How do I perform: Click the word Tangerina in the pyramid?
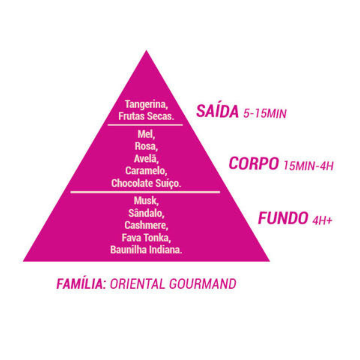click(x=146, y=105)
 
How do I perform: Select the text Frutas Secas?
click(x=146, y=116)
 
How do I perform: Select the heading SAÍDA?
click(x=217, y=111)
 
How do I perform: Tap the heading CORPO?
click(x=254, y=163)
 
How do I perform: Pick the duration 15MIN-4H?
click(x=308, y=166)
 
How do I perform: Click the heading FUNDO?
click(x=283, y=218)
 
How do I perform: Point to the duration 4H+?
click(x=322, y=220)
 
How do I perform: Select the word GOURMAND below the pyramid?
click(x=203, y=284)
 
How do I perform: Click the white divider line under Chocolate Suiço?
click(x=145, y=192)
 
